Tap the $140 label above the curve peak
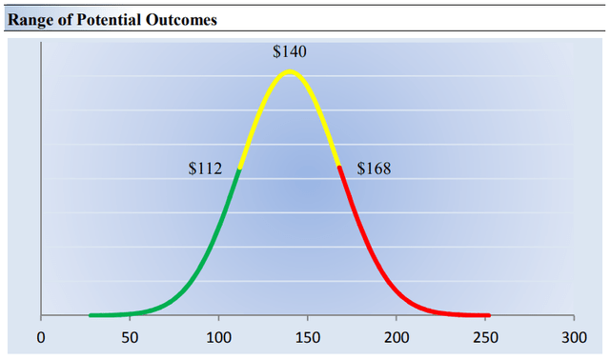click(x=290, y=52)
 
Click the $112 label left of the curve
click(x=205, y=170)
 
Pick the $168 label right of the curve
click(x=374, y=170)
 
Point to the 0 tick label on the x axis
click(x=41, y=336)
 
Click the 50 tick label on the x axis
click(x=130, y=336)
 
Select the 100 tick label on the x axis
click(x=218, y=336)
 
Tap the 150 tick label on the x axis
click(x=308, y=336)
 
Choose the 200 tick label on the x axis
click(x=396, y=336)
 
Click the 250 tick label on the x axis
click(x=485, y=336)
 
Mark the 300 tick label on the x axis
click(x=574, y=336)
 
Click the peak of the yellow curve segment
click(x=290, y=71)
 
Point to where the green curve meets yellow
click(x=239, y=169)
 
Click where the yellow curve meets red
click(x=339, y=167)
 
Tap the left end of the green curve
click(x=91, y=314)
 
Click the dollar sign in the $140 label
click(x=276, y=52)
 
